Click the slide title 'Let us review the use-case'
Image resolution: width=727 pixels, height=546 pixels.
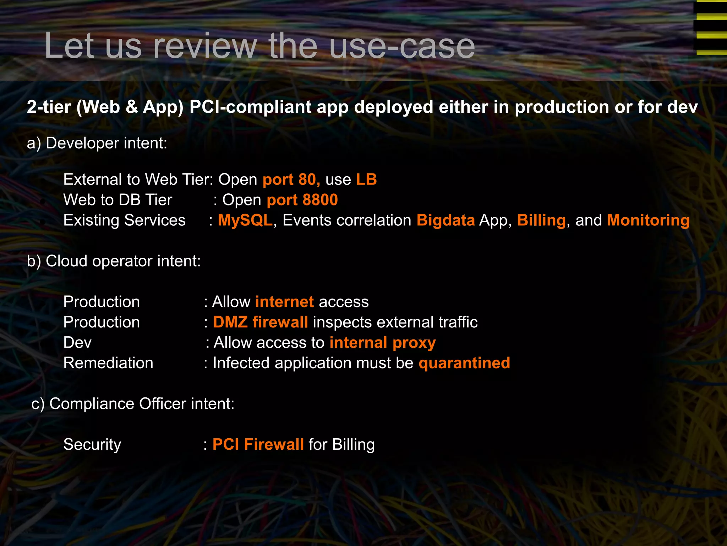point(259,46)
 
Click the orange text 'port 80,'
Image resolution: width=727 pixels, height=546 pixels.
point(291,180)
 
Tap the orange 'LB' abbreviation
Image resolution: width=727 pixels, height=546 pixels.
point(366,180)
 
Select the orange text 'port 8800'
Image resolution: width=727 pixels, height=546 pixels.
point(302,200)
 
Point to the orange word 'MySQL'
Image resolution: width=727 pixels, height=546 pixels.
point(245,220)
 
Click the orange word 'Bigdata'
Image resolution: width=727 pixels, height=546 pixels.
point(446,220)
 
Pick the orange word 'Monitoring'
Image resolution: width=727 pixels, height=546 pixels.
point(648,220)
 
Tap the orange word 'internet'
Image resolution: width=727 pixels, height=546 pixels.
point(284,302)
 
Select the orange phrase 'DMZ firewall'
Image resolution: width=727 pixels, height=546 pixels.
point(260,322)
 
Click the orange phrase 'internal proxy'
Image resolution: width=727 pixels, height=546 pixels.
point(382,343)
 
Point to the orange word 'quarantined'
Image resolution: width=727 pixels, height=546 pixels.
point(464,363)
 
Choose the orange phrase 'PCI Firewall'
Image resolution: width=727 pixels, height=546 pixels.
point(258,445)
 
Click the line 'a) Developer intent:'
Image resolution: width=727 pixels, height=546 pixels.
point(97,143)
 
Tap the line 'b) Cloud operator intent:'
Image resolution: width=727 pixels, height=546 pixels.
point(114,261)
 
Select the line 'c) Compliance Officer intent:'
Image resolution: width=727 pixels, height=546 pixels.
point(133,404)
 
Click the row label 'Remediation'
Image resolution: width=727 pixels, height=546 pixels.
point(108,363)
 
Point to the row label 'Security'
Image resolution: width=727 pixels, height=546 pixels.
point(92,445)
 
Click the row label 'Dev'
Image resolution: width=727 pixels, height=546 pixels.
point(77,343)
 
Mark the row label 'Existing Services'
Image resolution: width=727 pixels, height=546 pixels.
point(124,220)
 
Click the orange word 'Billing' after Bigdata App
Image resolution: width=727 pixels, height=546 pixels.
point(541,220)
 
